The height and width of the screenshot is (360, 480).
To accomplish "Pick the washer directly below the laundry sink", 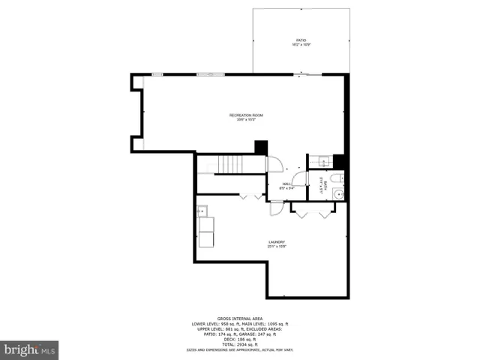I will [x=205, y=224].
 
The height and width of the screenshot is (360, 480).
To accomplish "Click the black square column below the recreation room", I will [x=260, y=147].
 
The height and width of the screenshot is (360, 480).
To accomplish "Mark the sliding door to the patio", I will [x=308, y=74].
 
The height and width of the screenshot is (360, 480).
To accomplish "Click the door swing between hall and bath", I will [x=299, y=178].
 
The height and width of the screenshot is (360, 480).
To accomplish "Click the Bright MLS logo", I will [x=30, y=349].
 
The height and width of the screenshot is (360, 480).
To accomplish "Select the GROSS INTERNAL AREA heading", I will [x=240, y=318].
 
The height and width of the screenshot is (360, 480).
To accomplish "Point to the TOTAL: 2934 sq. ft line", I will [x=240, y=344].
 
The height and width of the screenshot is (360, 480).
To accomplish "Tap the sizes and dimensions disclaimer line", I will [x=240, y=349].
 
